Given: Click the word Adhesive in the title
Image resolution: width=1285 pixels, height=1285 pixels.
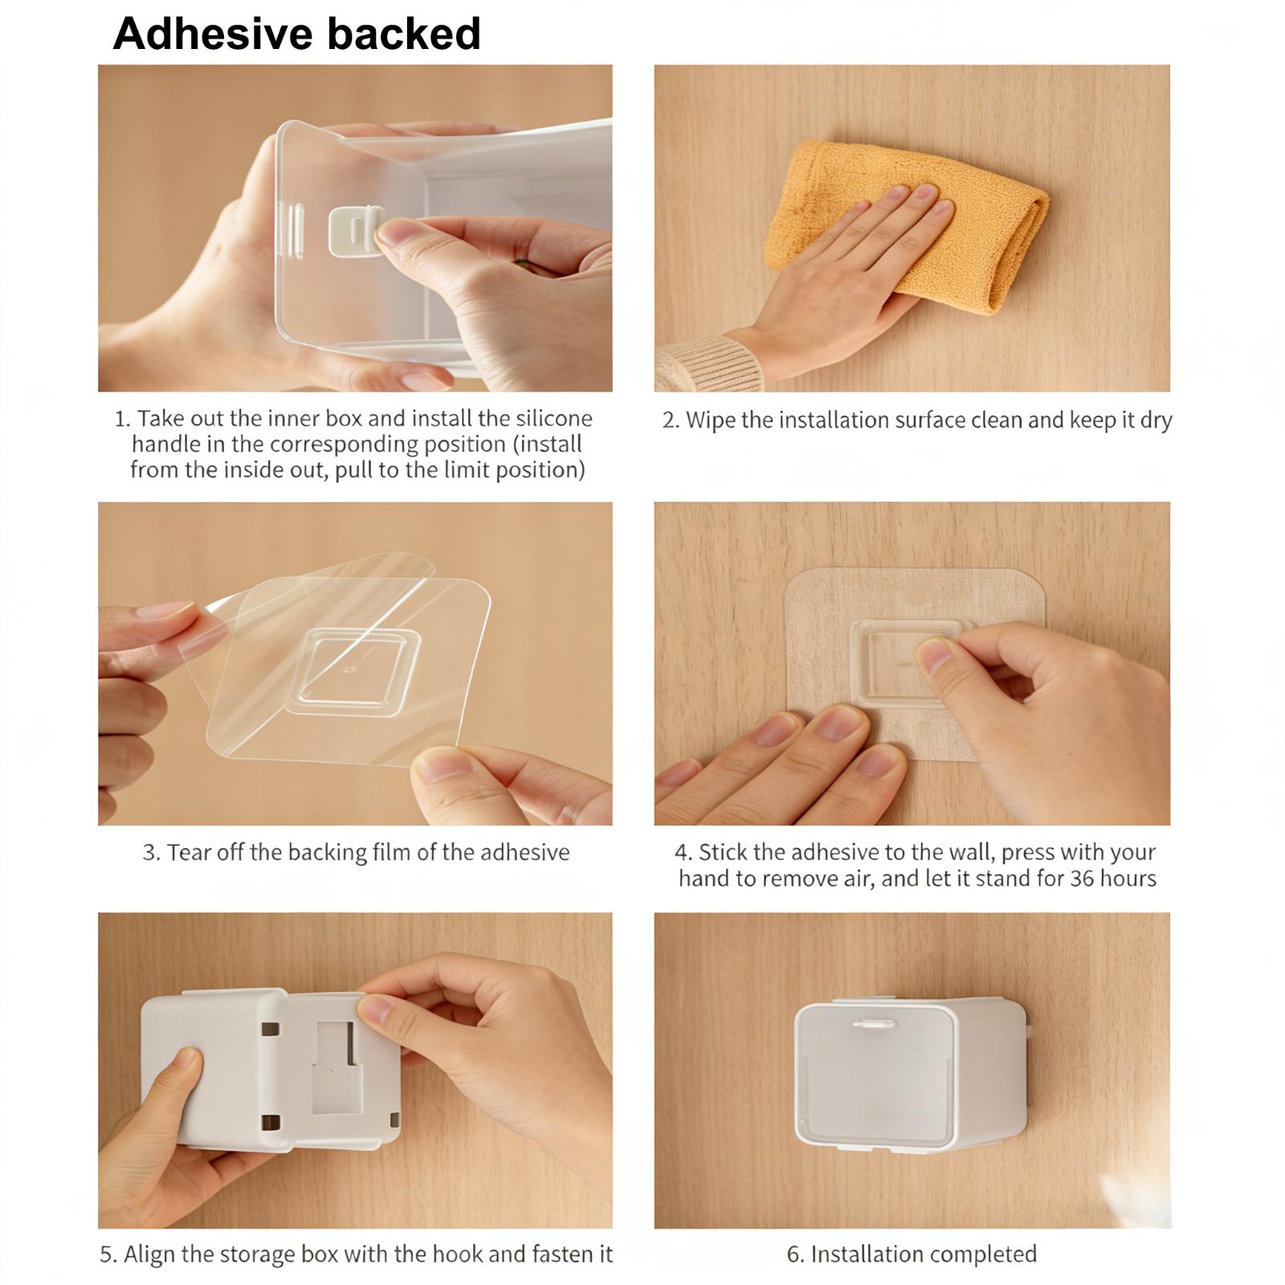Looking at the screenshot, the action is [213, 34].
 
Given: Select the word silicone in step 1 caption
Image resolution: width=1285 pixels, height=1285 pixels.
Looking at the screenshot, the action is [554, 418].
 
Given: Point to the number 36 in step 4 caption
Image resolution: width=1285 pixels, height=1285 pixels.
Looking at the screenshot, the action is [1083, 879].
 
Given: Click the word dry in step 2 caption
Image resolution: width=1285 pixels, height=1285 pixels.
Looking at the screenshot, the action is [1156, 421].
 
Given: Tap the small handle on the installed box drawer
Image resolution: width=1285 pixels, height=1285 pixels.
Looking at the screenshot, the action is [873, 1025].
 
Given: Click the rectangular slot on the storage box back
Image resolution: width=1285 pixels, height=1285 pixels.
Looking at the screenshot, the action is [333, 1067].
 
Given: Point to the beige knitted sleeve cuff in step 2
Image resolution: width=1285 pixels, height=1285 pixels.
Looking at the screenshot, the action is [707, 362].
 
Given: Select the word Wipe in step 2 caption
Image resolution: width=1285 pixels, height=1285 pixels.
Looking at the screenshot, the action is [710, 421].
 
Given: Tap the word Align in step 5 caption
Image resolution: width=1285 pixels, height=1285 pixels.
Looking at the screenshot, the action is [149, 1254].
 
